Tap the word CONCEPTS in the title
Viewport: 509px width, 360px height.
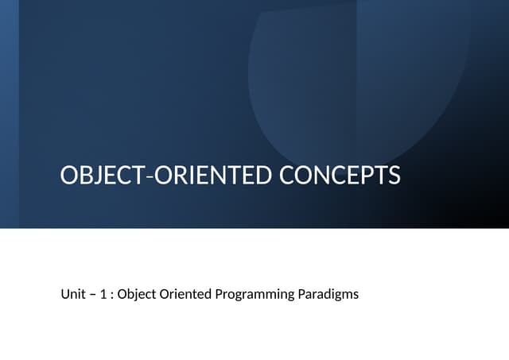click(x=340, y=176)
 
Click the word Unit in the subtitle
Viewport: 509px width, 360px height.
click(x=72, y=294)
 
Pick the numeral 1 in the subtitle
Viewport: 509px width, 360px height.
click(x=103, y=294)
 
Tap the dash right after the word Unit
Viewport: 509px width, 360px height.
click(x=91, y=295)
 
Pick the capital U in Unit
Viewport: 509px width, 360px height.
click(x=64, y=294)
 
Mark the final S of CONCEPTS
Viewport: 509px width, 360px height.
click(x=393, y=176)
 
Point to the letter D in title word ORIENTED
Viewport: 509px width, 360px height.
click(x=263, y=176)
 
